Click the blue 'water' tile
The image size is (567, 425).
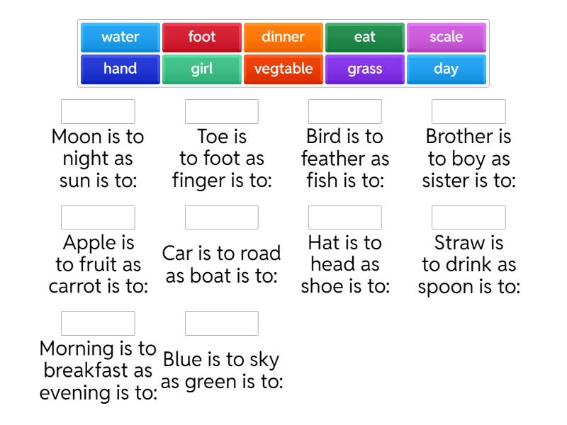120,37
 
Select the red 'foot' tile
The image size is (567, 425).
202,37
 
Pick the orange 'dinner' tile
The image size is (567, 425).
283,37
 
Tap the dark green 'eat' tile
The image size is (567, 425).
365,37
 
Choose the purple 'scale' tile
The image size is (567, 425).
447,37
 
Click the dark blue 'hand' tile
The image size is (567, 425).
120,69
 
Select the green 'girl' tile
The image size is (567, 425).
202,69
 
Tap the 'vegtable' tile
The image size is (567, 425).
283,69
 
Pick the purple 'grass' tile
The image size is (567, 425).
365,69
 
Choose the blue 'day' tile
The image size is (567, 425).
447,69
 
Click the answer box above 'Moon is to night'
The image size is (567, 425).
98,112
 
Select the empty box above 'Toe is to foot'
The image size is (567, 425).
222,112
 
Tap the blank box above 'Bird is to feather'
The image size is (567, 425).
345,112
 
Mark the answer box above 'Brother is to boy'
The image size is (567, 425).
468,112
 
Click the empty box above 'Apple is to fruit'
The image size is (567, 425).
98,217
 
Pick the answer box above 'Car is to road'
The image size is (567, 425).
222,217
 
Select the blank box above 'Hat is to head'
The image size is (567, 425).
345,217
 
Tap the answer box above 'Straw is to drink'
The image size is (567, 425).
468,217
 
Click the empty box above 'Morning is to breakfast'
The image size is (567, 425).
98,323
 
